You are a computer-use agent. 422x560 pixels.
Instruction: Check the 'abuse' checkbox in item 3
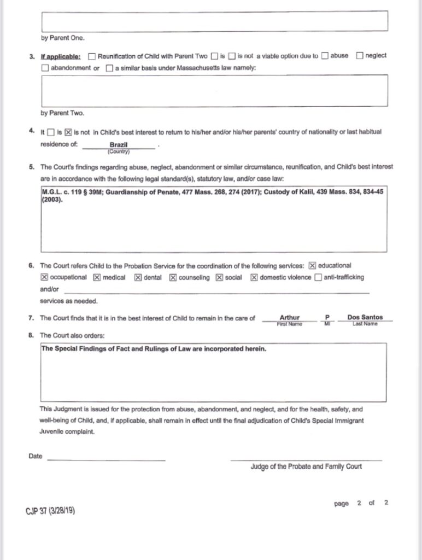pyautogui.click(x=325, y=56)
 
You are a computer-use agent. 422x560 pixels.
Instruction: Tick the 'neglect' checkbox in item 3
pyautogui.click(x=360, y=56)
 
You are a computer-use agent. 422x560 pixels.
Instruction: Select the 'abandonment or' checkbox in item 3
pyautogui.click(x=45, y=68)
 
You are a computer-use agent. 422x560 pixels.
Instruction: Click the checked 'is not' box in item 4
pyautogui.click(x=68, y=132)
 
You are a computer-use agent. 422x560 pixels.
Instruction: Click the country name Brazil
pyautogui.click(x=119, y=145)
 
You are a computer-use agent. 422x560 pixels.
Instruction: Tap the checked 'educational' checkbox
pyautogui.click(x=313, y=265)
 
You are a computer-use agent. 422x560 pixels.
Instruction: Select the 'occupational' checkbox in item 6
pyautogui.click(x=45, y=277)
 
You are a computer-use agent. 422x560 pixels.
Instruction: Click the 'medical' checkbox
pyautogui.click(x=97, y=277)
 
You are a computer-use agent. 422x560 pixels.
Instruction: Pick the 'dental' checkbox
pyautogui.click(x=138, y=277)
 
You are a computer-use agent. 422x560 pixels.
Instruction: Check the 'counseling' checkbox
pyautogui.click(x=173, y=277)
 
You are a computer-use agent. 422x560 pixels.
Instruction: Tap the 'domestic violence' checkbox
pyautogui.click(x=254, y=277)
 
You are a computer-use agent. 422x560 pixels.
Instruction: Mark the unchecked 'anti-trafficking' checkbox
pyautogui.click(x=318, y=277)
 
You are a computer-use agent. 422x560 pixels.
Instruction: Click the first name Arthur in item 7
pyautogui.click(x=289, y=317)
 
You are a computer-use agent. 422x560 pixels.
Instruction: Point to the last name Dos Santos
pyautogui.click(x=365, y=317)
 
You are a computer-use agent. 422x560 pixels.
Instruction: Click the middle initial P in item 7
pyautogui.click(x=327, y=317)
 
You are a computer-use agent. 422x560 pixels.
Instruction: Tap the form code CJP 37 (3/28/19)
pyautogui.click(x=50, y=511)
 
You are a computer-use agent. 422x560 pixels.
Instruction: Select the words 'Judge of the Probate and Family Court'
pyautogui.click(x=306, y=466)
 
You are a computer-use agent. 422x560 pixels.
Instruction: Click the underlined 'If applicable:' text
pyautogui.click(x=60, y=56)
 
